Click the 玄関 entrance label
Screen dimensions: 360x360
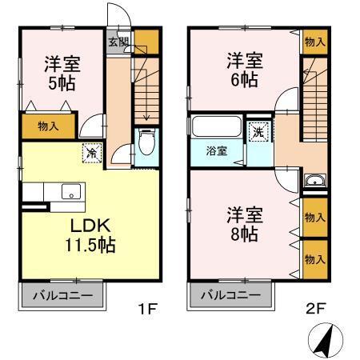tap(118, 42)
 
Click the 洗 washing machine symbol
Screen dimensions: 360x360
tap(259, 132)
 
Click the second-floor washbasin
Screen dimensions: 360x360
tap(314, 180)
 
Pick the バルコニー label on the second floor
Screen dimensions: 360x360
tap(225, 297)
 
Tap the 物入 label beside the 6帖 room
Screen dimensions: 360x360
tap(314, 42)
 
